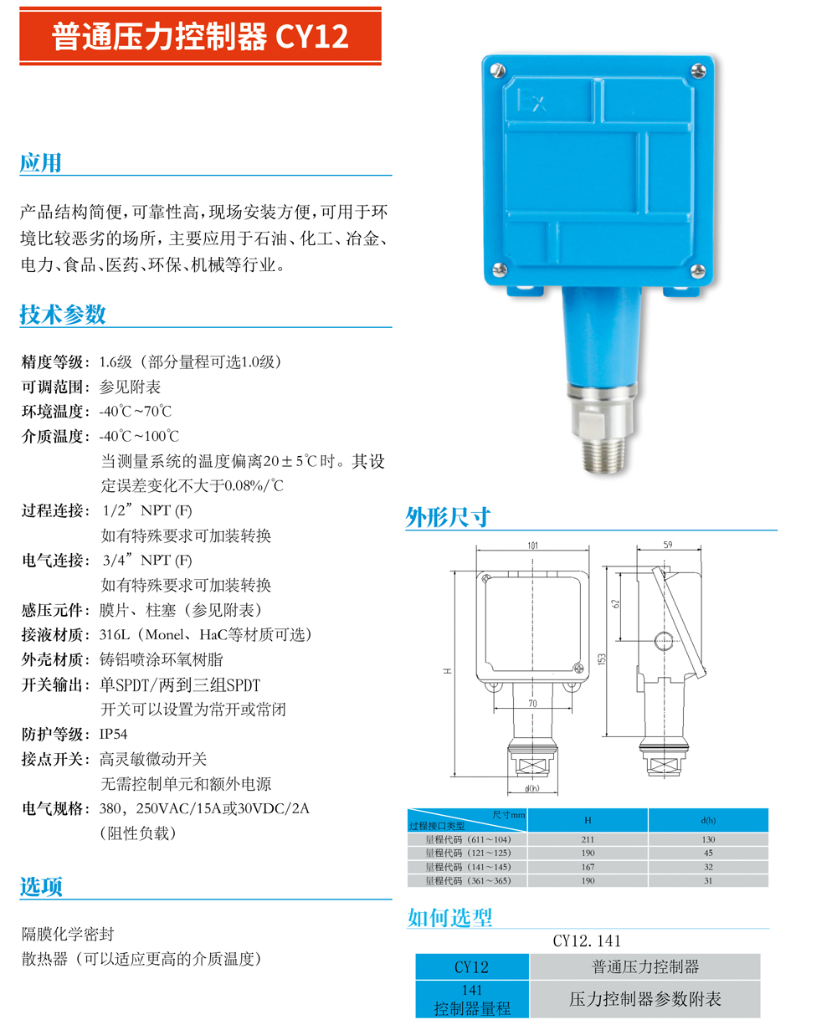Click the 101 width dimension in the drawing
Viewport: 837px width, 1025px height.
click(533, 546)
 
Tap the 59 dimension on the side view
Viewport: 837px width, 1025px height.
click(667, 545)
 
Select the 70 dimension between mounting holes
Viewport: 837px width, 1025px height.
click(532, 704)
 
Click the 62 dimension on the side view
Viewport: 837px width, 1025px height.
click(639, 602)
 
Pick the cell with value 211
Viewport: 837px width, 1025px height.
click(588, 839)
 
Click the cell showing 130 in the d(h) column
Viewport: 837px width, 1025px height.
click(708, 839)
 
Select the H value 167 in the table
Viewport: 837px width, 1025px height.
click(588, 867)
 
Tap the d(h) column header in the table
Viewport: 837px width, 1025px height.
click(708, 820)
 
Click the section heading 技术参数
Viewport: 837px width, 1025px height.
click(63, 314)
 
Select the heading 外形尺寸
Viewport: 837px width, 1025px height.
click(447, 516)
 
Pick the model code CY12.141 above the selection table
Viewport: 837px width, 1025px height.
click(587, 940)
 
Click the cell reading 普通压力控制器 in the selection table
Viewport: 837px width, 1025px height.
click(644, 966)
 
